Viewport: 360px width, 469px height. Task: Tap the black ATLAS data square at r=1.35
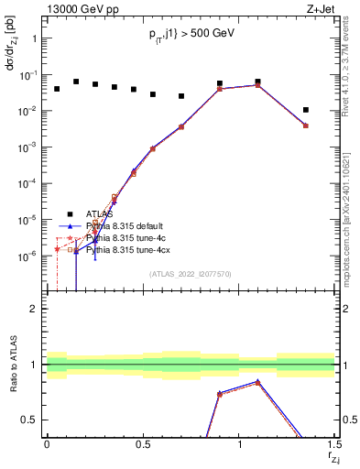(x=306, y=110)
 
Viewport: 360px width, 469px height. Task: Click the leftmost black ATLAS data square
(x=57, y=89)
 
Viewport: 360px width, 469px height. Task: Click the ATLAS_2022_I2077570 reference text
(x=191, y=274)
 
